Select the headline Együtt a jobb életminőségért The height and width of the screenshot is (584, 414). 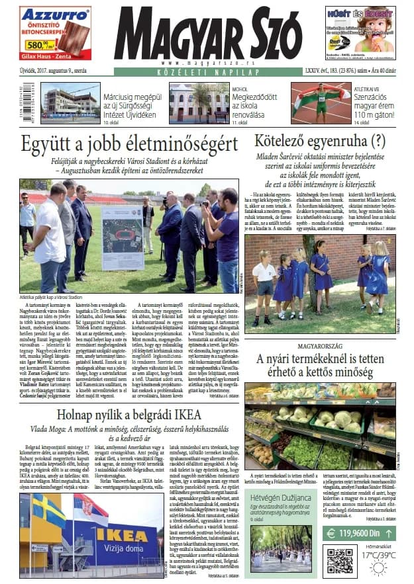point(129,142)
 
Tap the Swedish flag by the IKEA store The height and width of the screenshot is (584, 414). point(49,511)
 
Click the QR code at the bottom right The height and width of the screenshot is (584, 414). point(339,560)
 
